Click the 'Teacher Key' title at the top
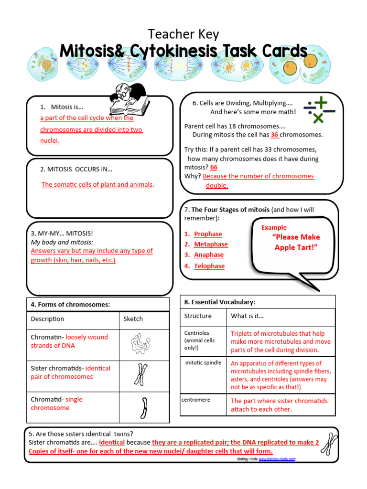coord(183,34)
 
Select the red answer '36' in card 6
coord(275,135)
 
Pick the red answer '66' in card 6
coord(214,167)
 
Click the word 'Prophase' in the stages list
coord(208,234)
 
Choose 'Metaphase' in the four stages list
coord(211,244)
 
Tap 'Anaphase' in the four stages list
coord(209,255)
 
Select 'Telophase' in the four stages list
coord(209,266)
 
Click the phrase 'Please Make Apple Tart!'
coord(296,242)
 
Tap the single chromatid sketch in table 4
coord(142,407)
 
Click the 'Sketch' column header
coord(133,319)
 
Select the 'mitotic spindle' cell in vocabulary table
coord(204,363)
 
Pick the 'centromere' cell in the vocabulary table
coord(196,400)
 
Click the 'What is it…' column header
coord(247,316)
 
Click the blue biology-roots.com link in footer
coord(277,459)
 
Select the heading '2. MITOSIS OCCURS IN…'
coord(76,169)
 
